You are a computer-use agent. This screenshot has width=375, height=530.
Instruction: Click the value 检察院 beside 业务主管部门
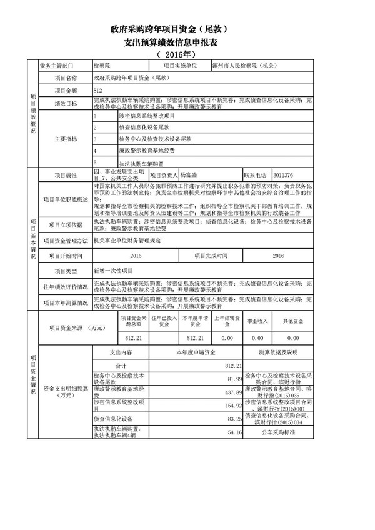102,64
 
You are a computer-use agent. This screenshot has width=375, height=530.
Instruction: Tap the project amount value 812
97,91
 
